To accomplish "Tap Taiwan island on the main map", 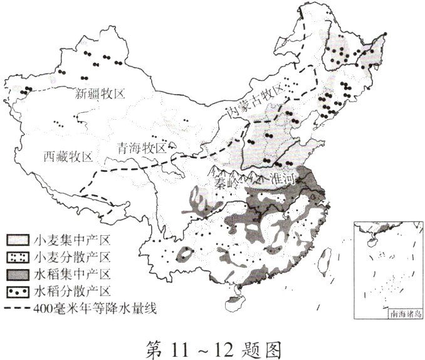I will click(x=325, y=259).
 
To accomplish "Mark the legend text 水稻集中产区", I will click(x=73, y=275).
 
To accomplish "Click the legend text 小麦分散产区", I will click(x=73, y=257).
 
